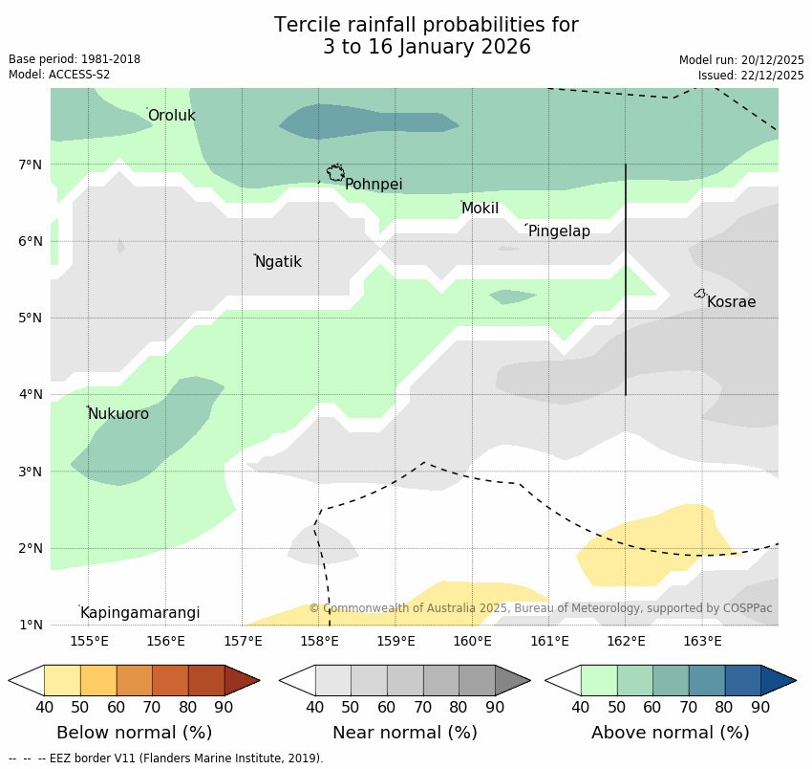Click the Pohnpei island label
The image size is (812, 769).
pyautogui.click(x=374, y=185)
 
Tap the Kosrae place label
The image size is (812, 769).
pyautogui.click(x=731, y=302)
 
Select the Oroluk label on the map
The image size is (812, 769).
pyautogui.click(x=172, y=116)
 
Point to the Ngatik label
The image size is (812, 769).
pyautogui.click(x=278, y=262)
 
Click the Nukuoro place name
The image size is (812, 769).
pyautogui.click(x=118, y=414)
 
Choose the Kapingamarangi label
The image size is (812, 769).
pyautogui.click(x=139, y=613)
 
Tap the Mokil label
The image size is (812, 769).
pyautogui.click(x=480, y=209)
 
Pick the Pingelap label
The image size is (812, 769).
pyautogui.click(x=559, y=231)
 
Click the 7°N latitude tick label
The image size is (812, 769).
pyautogui.click(x=31, y=165)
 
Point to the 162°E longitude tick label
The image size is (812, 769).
pyautogui.click(x=626, y=641)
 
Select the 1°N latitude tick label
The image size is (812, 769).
pyautogui.click(x=31, y=625)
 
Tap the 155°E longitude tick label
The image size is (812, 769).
pyautogui.click(x=89, y=641)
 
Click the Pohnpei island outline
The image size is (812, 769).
pyautogui.click(x=335, y=172)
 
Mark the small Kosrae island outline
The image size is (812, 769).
pyautogui.click(x=700, y=294)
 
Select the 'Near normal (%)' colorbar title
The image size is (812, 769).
pyautogui.click(x=405, y=733)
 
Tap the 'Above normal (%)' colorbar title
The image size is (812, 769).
pyautogui.click(x=671, y=733)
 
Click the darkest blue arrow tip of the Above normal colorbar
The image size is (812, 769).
pyautogui.click(x=780, y=680)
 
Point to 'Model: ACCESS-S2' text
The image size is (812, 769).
pyautogui.click(x=59, y=75)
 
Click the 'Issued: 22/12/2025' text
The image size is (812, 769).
pyautogui.click(x=751, y=75)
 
